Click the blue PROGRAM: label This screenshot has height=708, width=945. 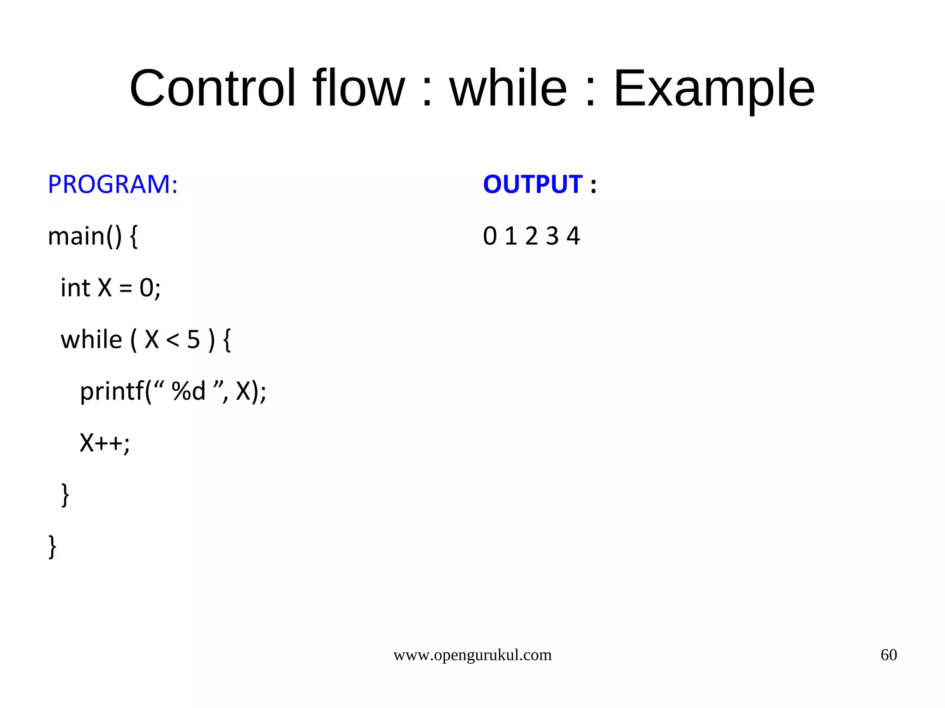point(113,184)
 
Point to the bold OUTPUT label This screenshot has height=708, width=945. point(532,184)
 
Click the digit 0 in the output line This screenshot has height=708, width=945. point(490,236)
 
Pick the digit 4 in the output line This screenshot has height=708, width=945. point(573,236)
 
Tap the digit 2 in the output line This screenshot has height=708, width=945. point(531,236)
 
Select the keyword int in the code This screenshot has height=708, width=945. point(75,288)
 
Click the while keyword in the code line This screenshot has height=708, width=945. point(91,339)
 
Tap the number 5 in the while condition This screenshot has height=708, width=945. point(193,340)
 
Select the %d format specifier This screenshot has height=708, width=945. point(188,391)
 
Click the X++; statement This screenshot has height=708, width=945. point(105,443)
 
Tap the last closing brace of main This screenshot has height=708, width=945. point(53,547)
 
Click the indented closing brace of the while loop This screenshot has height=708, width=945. point(65,495)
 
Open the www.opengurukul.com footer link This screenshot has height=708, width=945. point(472,655)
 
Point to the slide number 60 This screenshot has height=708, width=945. point(888,655)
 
